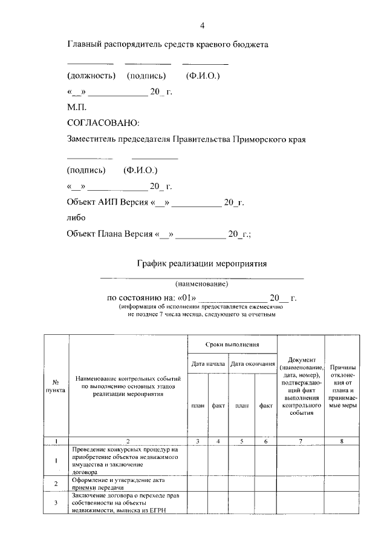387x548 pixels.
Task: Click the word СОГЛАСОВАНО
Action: [103, 123]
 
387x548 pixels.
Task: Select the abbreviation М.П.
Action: [77, 107]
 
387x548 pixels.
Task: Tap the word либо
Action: [76, 217]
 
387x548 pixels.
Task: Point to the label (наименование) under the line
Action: [202, 283]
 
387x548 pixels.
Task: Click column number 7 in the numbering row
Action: [301, 441]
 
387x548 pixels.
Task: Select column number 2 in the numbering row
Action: [128, 441]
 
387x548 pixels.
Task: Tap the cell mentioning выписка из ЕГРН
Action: [128, 503]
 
